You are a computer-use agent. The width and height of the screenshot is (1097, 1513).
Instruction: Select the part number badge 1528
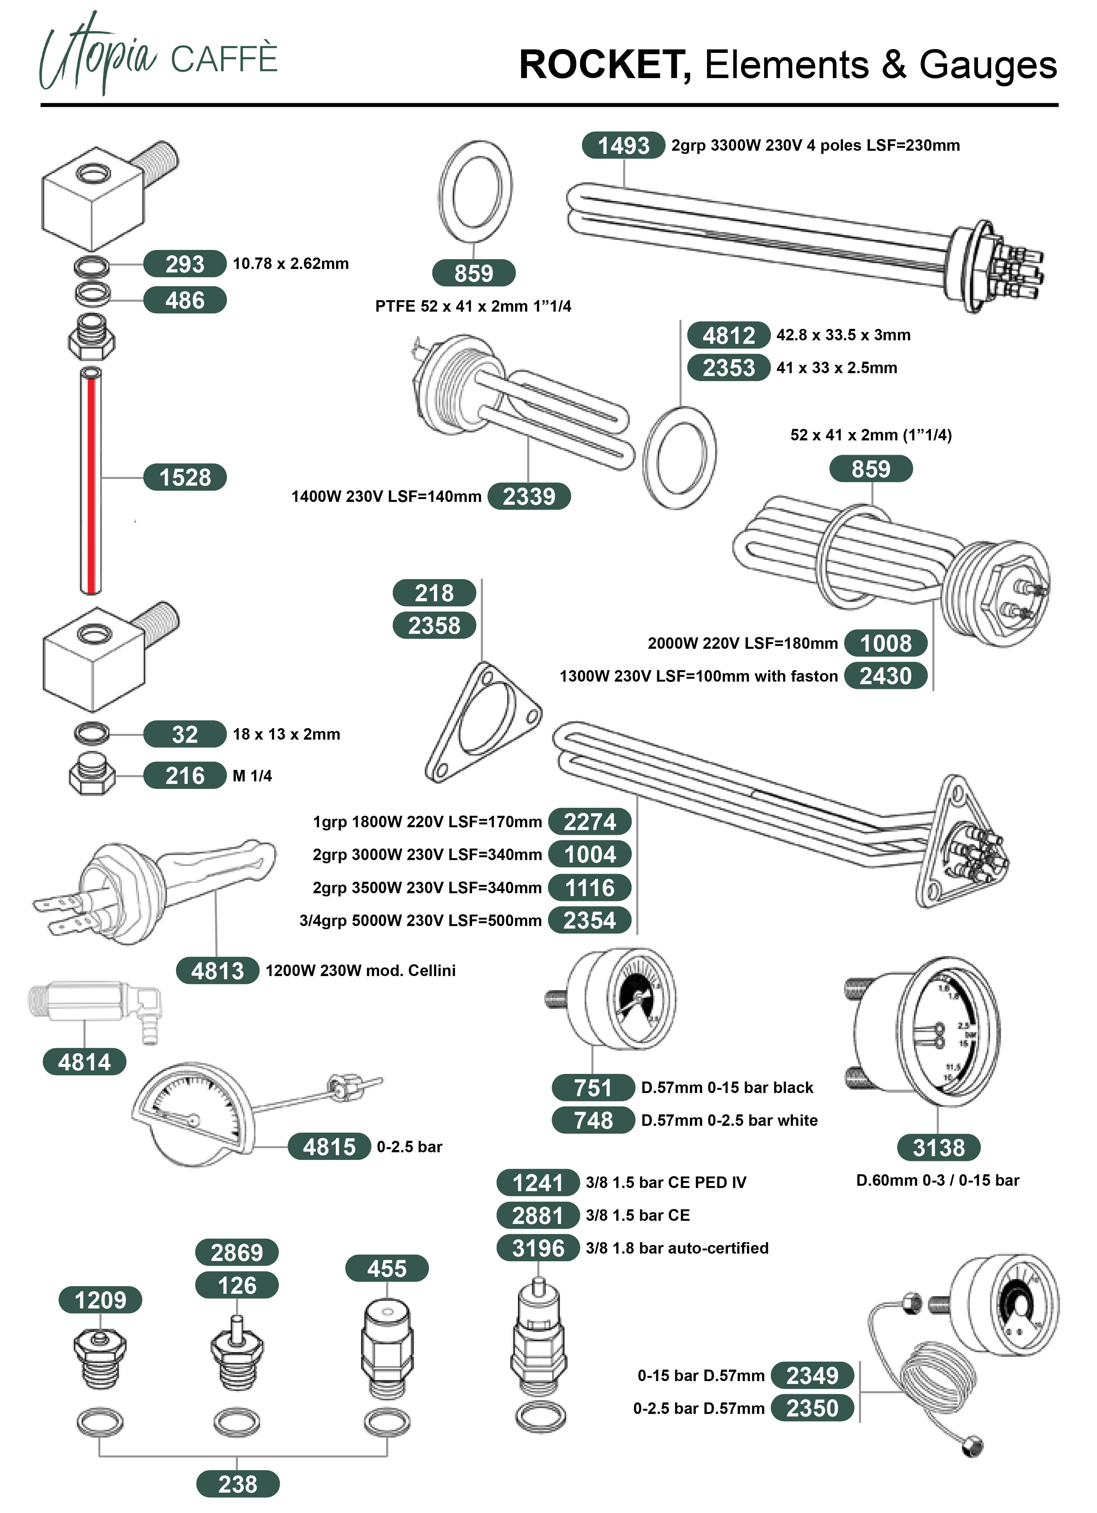click(185, 478)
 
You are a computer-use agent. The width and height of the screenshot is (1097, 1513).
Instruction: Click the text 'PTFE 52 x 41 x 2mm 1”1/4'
click(473, 306)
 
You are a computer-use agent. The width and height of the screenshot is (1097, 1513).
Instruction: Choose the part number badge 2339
click(529, 496)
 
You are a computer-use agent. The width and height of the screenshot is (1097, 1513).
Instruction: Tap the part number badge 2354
click(590, 921)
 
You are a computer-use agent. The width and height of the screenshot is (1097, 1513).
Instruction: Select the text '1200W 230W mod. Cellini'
click(360, 971)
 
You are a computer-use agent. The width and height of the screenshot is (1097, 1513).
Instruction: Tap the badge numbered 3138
click(938, 1147)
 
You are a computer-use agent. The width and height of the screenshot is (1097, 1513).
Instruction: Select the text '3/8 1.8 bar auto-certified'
click(677, 1248)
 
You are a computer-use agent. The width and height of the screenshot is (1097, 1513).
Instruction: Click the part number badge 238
click(237, 1484)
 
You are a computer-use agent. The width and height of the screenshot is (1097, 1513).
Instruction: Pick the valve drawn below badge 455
click(387, 1348)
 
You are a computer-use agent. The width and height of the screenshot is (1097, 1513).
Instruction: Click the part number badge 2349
click(812, 1376)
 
